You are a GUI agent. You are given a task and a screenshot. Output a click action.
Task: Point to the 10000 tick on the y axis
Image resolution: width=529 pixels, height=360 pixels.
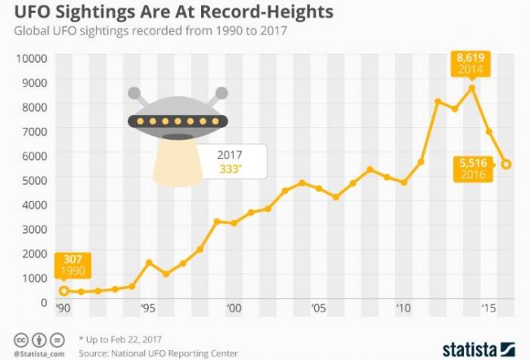[x=29, y=58]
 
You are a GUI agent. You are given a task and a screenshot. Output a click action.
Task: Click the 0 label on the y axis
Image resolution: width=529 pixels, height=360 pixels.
[x=43, y=301]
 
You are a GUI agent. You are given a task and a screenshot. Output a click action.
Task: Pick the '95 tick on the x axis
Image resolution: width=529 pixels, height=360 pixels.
[x=148, y=309]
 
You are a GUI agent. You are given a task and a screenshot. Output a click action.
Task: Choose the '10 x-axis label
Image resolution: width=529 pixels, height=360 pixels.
[x=403, y=309]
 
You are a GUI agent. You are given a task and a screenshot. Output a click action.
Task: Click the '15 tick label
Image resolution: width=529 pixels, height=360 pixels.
[x=489, y=309]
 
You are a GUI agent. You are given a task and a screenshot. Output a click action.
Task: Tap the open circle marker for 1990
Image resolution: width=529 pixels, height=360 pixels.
[x=63, y=291]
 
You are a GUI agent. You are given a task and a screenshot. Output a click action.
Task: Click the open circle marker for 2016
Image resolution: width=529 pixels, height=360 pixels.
[x=507, y=165]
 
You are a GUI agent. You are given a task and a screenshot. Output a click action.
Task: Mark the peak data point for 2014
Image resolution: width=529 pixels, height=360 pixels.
[x=472, y=88]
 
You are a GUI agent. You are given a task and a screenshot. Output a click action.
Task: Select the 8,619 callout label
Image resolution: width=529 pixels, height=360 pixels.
[x=471, y=64]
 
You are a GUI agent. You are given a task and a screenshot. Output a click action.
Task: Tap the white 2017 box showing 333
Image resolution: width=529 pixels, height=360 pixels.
[x=234, y=161]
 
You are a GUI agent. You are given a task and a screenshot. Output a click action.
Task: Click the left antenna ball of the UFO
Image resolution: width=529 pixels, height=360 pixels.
[x=134, y=93]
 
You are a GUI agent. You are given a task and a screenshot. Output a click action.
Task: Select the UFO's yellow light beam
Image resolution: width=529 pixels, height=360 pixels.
[x=177, y=159]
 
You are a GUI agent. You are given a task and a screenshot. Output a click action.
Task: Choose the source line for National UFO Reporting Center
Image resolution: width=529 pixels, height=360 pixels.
[x=158, y=353]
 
